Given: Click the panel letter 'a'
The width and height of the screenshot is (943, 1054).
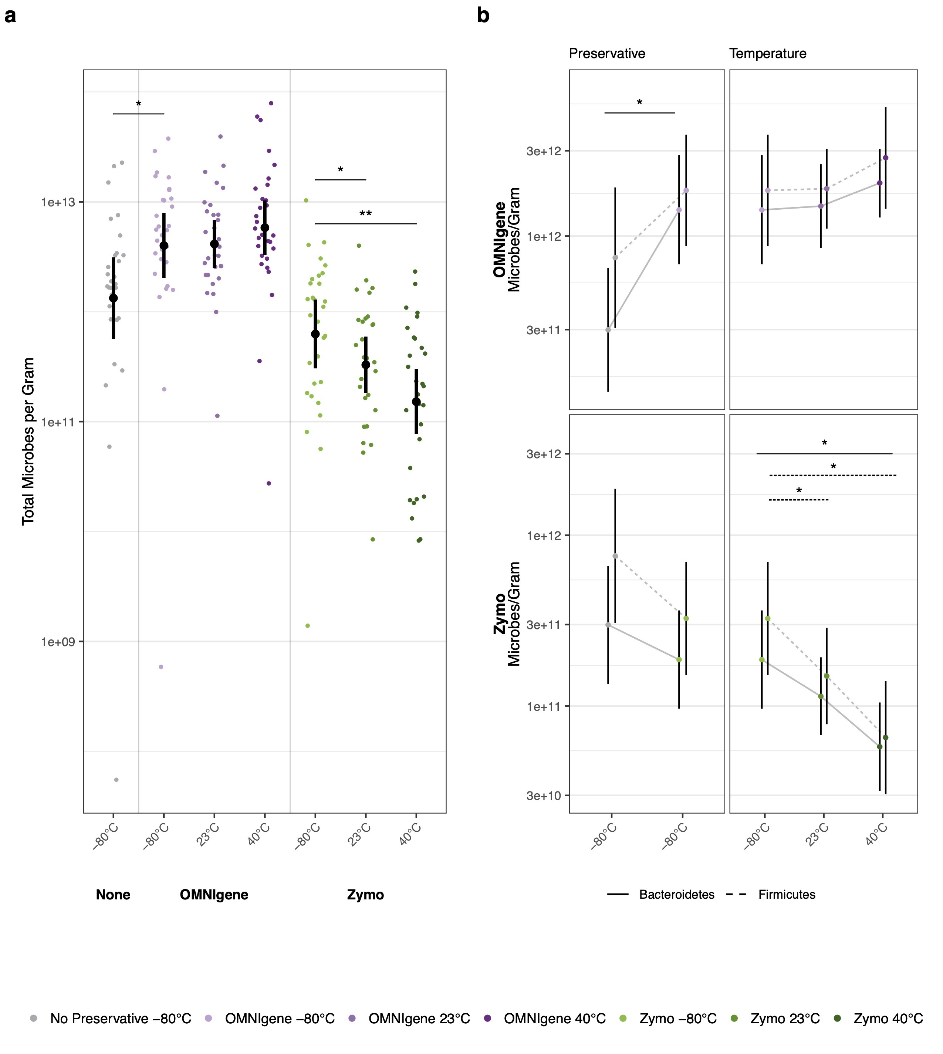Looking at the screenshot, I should pos(10,17).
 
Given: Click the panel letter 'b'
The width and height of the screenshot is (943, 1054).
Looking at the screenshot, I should pos(483,17).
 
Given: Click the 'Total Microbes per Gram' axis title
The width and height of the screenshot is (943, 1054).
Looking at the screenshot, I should pos(28,442).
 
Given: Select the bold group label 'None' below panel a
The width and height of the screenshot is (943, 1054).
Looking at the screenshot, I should pos(113,895).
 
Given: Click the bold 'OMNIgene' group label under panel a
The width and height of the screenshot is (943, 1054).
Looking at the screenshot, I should pos(214,895).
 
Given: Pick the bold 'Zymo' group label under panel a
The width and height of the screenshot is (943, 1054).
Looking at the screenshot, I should pos(365,895).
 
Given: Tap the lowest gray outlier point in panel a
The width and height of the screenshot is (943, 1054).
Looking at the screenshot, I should pos(116,779).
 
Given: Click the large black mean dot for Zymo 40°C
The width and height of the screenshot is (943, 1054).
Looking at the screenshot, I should pos(416,402).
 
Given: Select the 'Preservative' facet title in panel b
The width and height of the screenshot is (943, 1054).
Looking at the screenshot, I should pos(607,54).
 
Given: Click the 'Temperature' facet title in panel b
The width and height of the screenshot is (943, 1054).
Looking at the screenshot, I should pos(767,54).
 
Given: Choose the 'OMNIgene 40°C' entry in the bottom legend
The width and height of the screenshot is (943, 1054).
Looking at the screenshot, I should pos(554,1019).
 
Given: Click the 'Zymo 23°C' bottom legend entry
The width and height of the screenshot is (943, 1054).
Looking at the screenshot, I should pos(784,1019).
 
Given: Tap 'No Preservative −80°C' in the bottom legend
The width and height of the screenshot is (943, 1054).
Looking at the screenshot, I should pos(120,1019).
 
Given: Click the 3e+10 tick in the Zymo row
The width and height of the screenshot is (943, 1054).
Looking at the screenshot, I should pos(544,795).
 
